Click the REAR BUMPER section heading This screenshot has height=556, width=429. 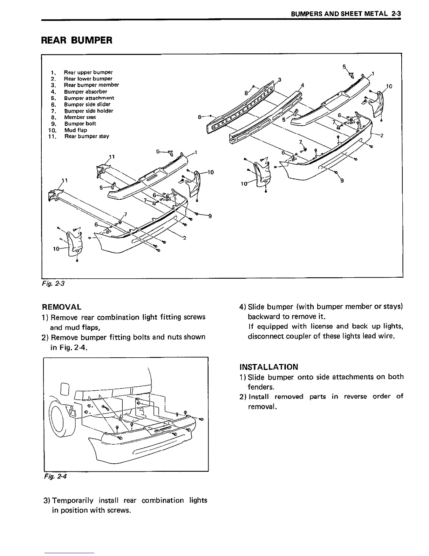[77, 40]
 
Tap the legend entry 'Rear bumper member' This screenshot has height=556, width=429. [91, 85]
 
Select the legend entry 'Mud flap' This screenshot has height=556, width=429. [76, 130]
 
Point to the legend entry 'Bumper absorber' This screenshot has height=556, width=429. [86, 92]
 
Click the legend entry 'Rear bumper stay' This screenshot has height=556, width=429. [87, 136]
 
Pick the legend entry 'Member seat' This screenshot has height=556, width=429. [80, 117]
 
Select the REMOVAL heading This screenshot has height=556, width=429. [61, 307]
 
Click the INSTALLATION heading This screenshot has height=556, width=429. [269, 367]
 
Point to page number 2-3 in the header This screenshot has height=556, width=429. [396, 14]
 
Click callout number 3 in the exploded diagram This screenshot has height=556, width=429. [279, 79]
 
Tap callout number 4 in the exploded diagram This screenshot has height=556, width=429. [302, 85]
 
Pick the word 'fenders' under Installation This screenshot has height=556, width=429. [260, 387]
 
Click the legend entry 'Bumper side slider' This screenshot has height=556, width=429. [87, 104]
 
